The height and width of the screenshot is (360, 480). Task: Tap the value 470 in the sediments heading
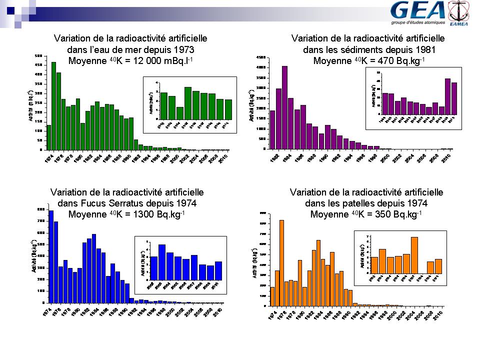pos(373,62)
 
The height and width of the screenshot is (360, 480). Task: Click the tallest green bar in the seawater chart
pos(53,105)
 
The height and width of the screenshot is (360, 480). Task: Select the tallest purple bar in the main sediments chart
pos(284,107)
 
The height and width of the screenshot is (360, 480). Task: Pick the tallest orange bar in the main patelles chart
pos(281,262)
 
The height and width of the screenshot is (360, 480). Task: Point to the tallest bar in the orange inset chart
pos(414,255)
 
